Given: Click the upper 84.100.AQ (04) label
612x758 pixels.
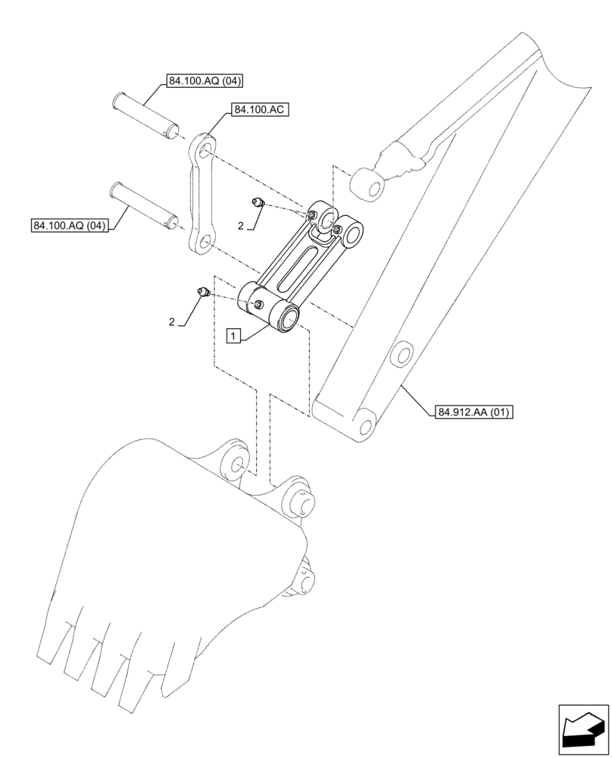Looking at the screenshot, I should (x=199, y=81).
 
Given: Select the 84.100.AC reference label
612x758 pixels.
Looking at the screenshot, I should (x=260, y=110).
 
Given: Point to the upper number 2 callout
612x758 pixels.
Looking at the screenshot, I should (x=241, y=226).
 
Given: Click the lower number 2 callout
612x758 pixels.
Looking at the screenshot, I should (x=172, y=322).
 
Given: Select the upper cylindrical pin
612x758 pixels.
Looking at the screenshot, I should (x=145, y=114).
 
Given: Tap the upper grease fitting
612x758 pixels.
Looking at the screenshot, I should (x=258, y=202).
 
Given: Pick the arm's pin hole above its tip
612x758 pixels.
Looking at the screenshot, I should (x=401, y=354).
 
